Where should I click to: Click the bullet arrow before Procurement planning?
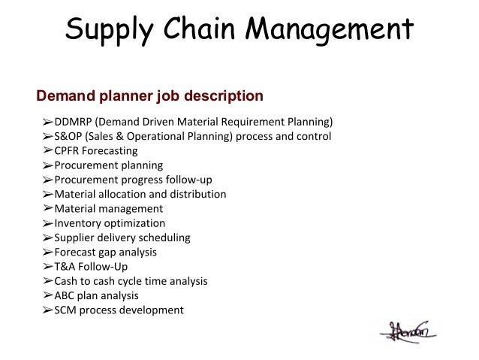[x=47, y=165]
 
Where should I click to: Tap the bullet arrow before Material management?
[x=47, y=208]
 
